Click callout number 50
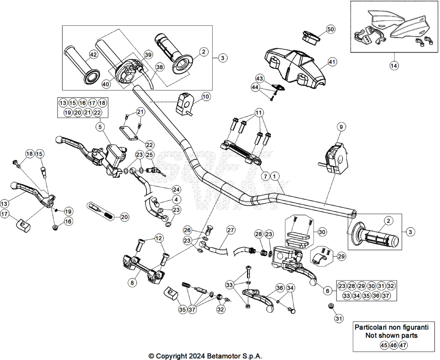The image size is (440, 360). pyautogui.click(x=331, y=29)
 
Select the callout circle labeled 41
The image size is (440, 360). pyautogui.click(x=333, y=62)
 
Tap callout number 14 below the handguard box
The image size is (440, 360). pyautogui.click(x=394, y=66)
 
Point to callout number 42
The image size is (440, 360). pyautogui.click(x=93, y=55)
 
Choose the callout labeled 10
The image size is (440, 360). pyautogui.click(x=206, y=97)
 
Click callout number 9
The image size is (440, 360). pyautogui.click(x=341, y=127)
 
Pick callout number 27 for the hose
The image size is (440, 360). pyautogui.click(x=230, y=230)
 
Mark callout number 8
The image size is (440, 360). pyautogui.click(x=132, y=283)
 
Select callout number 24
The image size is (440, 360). pyautogui.click(x=176, y=190)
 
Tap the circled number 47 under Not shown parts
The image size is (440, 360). pyautogui.click(x=403, y=345)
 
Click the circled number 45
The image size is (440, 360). pyautogui.click(x=385, y=345)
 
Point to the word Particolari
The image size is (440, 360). pyautogui.click(x=373, y=327)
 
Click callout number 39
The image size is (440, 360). pyautogui.click(x=148, y=55)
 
